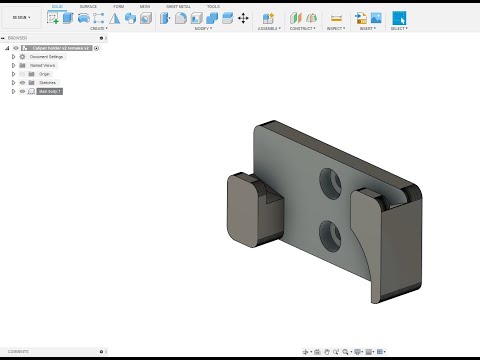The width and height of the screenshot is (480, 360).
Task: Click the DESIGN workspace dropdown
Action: pyautogui.click(x=21, y=17)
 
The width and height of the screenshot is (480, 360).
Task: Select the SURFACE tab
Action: pyautogui.click(x=88, y=6)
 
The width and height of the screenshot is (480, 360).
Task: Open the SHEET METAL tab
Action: pyautogui.click(x=178, y=6)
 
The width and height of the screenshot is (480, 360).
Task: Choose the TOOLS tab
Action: pyautogui.click(x=213, y=6)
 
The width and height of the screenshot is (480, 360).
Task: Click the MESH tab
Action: pyautogui.click(x=145, y=6)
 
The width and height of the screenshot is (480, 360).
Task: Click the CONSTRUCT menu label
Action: pyautogui.click(x=302, y=28)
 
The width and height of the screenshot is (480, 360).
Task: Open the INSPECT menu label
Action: pyautogui.click(x=336, y=28)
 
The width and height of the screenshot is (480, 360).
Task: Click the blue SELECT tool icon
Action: pyautogui.click(x=399, y=17)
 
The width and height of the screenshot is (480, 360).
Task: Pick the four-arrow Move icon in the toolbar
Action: pyautogui.click(x=243, y=18)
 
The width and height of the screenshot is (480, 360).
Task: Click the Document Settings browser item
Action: pyautogui.click(x=47, y=57)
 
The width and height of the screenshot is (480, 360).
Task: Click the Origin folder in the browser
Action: pyautogui.click(x=44, y=74)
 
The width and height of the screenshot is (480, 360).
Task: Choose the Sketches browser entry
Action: pyautogui.click(x=47, y=82)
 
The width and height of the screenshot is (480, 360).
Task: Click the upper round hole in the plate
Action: pyautogui.click(x=329, y=181)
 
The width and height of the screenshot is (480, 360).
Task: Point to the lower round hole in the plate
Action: pyautogui.click(x=329, y=235)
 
